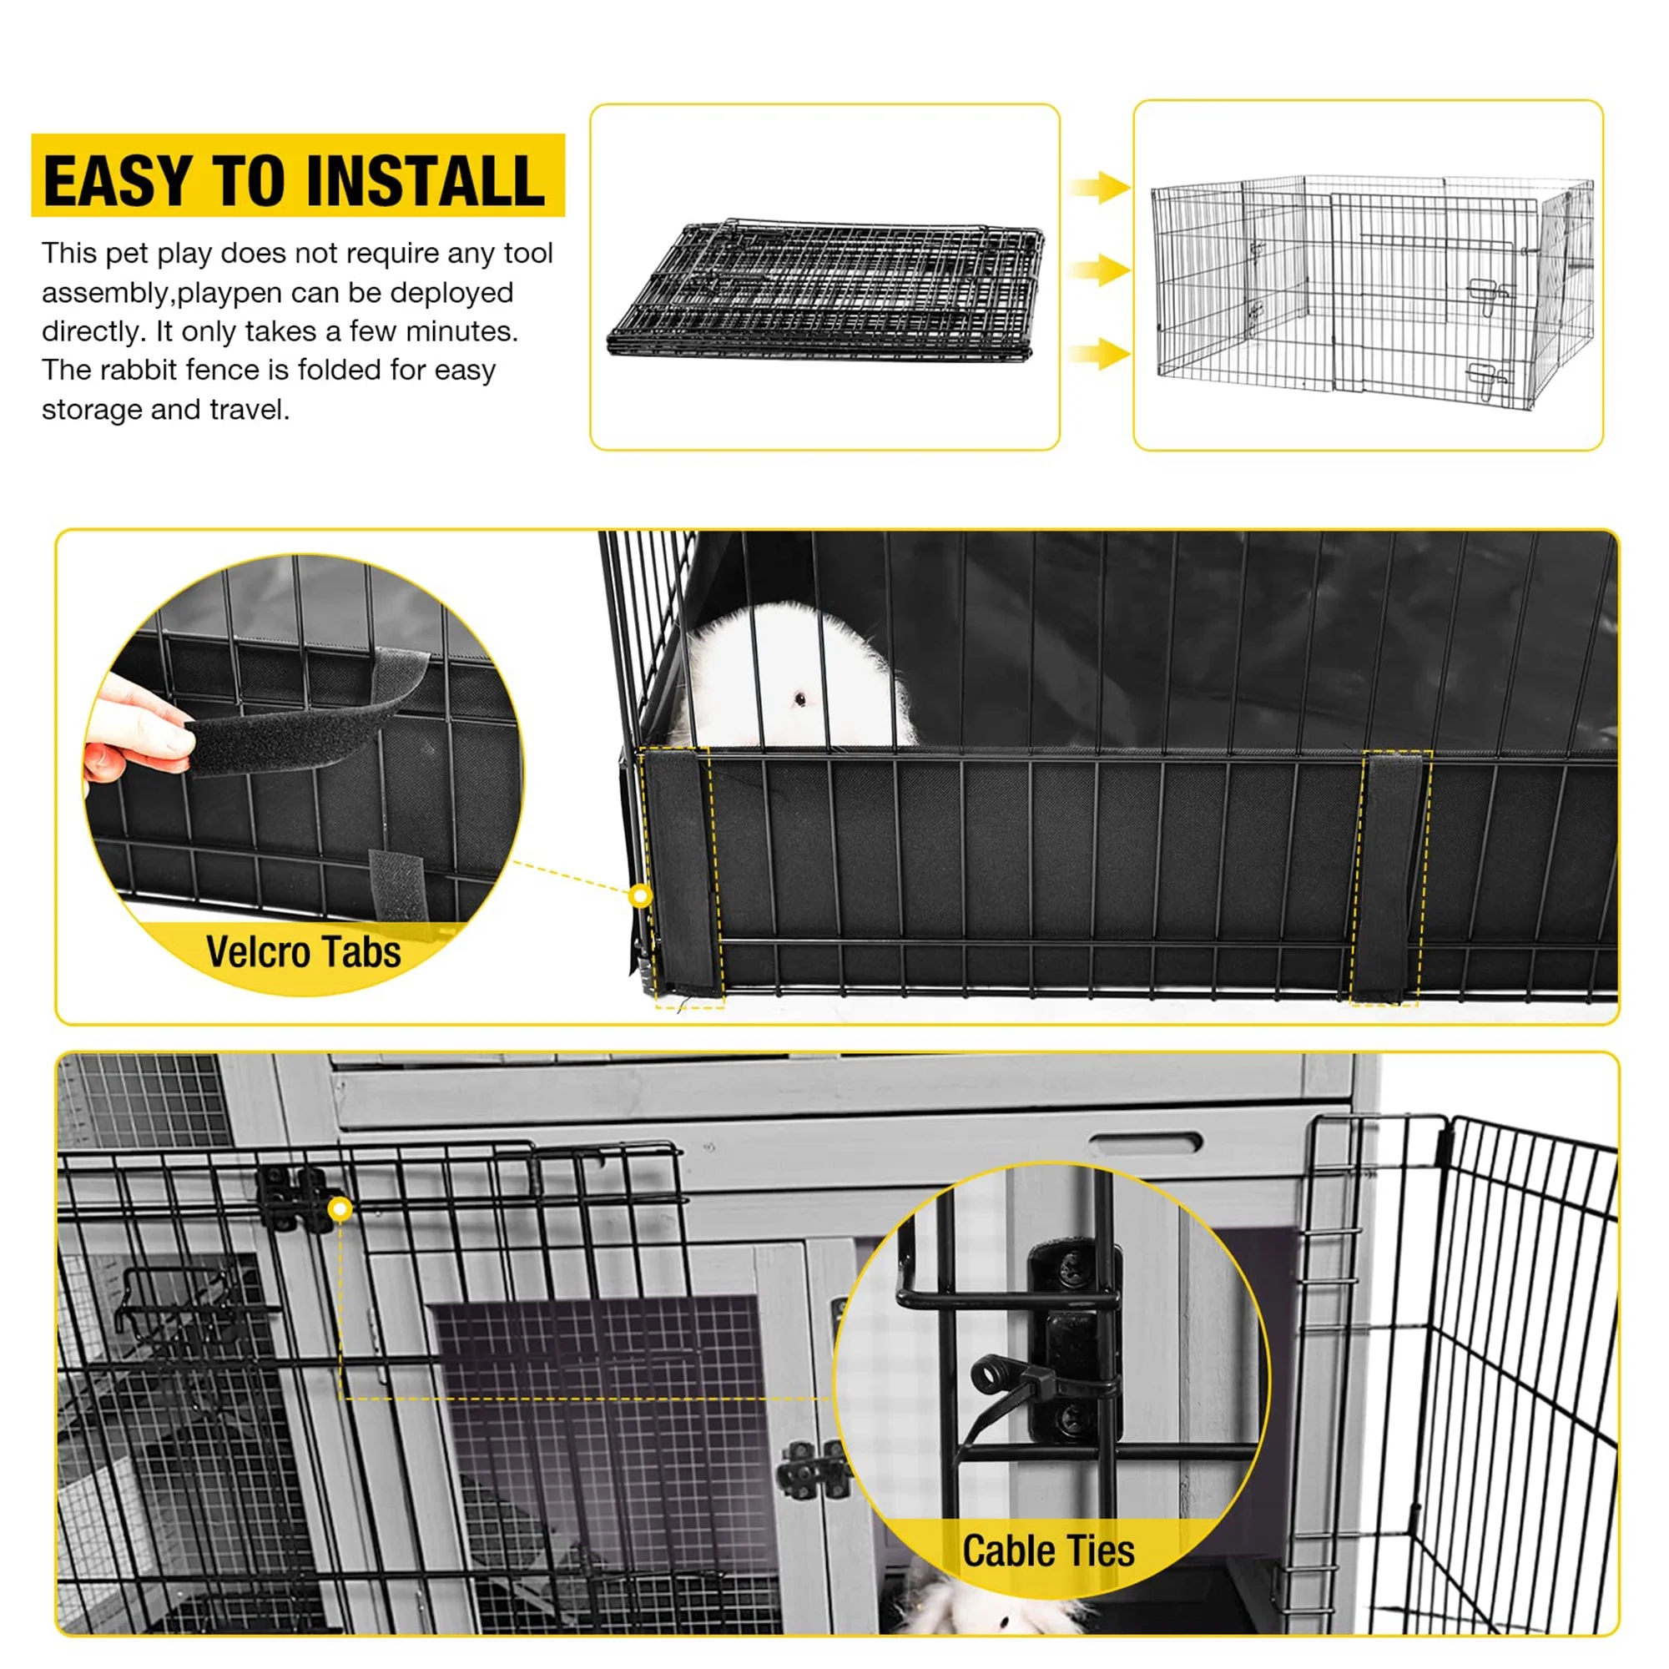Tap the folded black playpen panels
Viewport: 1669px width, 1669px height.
pos(825,290)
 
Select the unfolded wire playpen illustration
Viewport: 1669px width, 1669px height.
pos(1372,290)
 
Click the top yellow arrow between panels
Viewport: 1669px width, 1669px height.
pos(1099,187)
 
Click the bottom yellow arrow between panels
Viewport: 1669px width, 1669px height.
pos(1099,353)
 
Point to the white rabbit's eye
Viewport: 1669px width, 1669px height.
pos(800,698)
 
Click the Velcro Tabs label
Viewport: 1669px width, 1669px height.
pos(303,952)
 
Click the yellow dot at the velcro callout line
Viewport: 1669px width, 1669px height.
pos(640,895)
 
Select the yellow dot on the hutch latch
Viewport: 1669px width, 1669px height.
pos(340,1209)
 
